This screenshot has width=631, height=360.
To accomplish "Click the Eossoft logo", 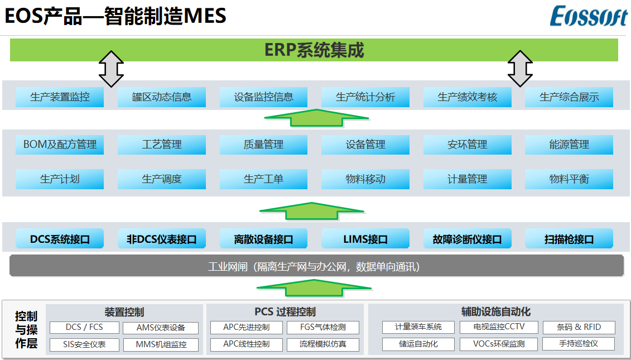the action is [x=589, y=17].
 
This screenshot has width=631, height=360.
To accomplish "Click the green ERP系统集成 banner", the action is [x=314, y=50].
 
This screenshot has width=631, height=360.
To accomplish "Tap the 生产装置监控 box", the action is [x=60, y=97].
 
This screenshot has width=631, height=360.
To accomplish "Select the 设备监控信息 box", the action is [x=263, y=97].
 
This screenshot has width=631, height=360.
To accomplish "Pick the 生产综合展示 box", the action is [x=569, y=97].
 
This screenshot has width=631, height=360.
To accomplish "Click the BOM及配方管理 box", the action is [x=60, y=145].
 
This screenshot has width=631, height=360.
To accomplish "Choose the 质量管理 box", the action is [x=263, y=145].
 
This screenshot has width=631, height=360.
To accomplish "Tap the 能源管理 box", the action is [x=569, y=145].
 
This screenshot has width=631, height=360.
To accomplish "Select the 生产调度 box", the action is [x=162, y=179].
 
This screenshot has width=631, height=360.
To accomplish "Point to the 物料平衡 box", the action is [x=569, y=179].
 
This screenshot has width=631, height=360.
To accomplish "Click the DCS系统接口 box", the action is [x=60, y=239].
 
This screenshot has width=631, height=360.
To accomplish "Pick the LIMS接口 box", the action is [x=365, y=239].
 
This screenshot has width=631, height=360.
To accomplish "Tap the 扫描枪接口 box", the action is [x=569, y=239].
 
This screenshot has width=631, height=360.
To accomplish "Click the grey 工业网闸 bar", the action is [x=316, y=266].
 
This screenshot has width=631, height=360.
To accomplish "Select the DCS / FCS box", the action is [x=84, y=328].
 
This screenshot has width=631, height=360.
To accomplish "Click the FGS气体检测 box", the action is [x=322, y=328].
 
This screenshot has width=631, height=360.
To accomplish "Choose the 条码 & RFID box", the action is [x=579, y=328].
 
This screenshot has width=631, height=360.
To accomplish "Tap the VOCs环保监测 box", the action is [x=499, y=344].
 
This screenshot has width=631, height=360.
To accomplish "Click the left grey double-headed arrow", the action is [x=111, y=69].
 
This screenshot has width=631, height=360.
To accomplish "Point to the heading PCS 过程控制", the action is [x=285, y=311].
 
